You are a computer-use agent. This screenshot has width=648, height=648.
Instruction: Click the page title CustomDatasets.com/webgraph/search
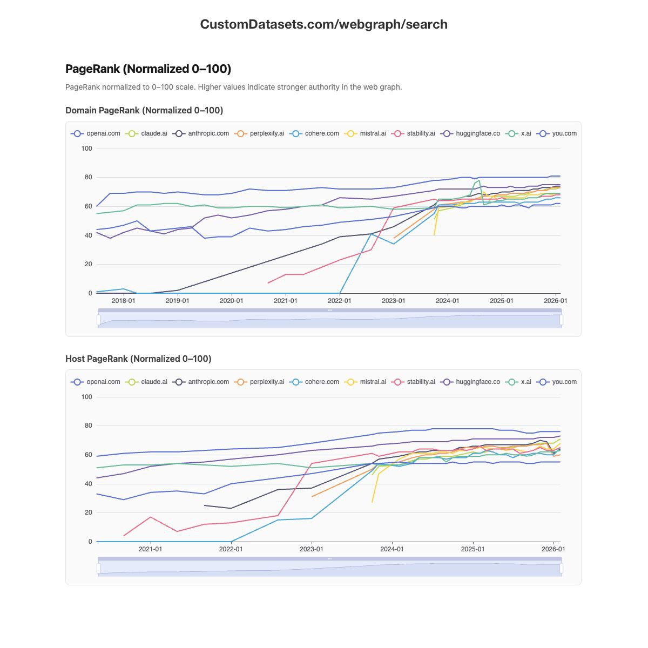tap(323, 24)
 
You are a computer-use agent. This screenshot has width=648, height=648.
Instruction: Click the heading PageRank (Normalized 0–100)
tap(148, 69)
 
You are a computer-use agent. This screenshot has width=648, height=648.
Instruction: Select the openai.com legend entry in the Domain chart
tap(96, 133)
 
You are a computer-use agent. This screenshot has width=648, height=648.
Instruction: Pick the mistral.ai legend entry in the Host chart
tap(366, 382)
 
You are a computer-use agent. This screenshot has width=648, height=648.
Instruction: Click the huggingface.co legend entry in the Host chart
tap(470, 382)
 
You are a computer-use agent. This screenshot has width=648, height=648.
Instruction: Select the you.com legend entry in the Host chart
tap(557, 382)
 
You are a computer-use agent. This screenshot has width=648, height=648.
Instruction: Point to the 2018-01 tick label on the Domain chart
tap(123, 301)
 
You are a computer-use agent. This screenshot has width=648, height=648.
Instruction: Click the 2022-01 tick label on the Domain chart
tap(339, 301)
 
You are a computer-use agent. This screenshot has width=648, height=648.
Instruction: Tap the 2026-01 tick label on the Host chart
tap(553, 549)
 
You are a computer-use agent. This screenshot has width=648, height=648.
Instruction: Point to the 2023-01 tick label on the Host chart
tap(312, 549)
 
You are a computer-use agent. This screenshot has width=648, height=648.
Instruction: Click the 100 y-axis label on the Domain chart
tap(86, 148)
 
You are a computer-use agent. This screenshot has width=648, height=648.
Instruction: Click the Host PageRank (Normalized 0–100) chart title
tap(138, 359)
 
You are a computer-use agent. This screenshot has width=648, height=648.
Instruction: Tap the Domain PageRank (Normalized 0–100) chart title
tap(144, 110)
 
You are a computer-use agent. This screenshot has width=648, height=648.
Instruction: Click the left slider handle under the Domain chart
tap(98, 320)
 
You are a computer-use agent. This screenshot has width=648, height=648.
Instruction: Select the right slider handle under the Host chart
tap(562, 568)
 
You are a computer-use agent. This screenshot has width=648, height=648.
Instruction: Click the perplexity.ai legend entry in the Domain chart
tap(260, 133)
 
